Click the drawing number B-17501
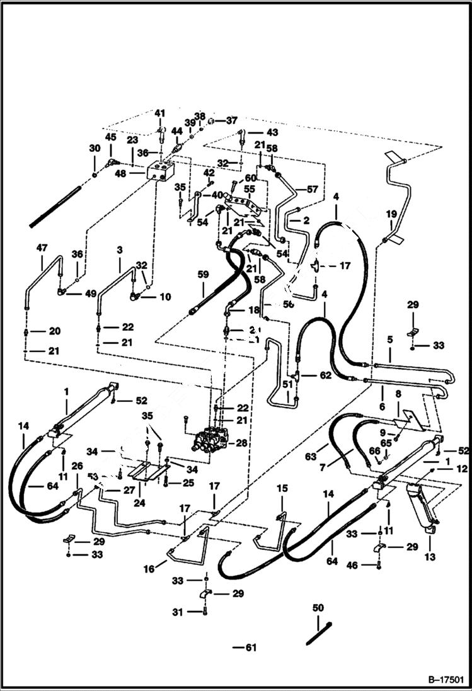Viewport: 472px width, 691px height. point(446,680)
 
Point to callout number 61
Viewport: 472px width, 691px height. point(251,647)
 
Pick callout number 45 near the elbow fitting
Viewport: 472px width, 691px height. point(110,137)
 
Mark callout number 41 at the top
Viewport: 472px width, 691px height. point(159,113)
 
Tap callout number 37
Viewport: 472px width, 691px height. point(231,120)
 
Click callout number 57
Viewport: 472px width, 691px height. point(313,188)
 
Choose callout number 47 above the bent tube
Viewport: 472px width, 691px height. point(42,248)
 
